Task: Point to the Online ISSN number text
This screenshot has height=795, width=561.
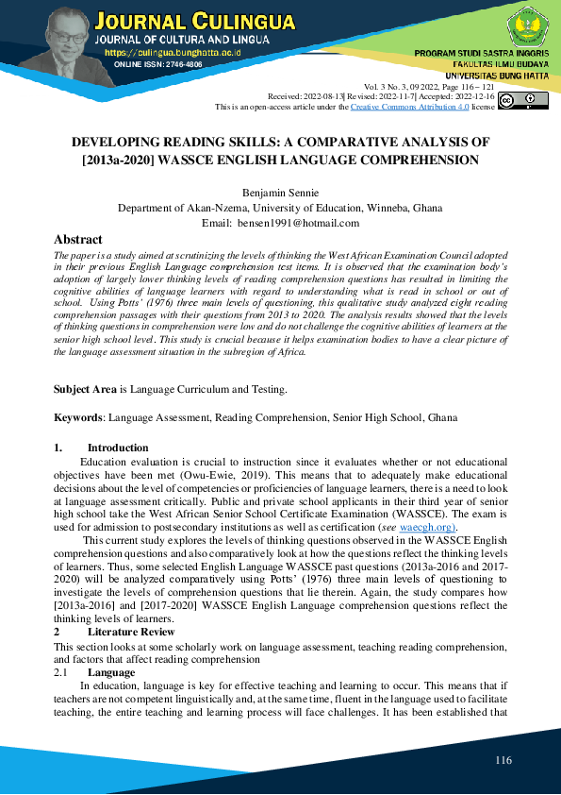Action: [x=157, y=64]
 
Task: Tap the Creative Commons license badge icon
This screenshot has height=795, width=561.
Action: [x=521, y=101]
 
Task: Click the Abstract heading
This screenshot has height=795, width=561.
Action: [x=78, y=240]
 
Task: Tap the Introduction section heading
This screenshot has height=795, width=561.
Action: [x=118, y=448]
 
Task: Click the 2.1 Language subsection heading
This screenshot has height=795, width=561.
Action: [x=111, y=672]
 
